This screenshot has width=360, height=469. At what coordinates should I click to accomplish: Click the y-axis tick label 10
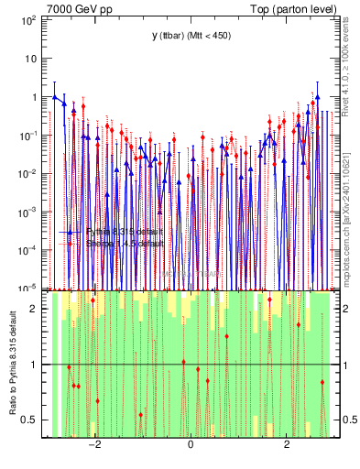tap(29, 58)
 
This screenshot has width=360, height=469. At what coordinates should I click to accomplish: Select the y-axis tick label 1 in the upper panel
tap(32, 97)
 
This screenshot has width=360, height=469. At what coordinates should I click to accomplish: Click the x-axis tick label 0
tap(190, 446)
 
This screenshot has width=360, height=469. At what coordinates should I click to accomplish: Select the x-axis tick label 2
tap(287, 446)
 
